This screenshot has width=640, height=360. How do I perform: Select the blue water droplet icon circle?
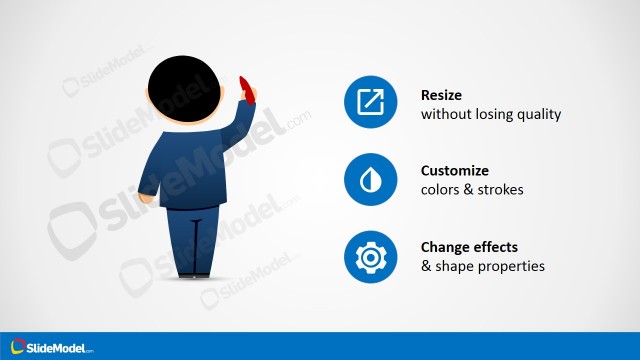pyautogui.click(x=371, y=180)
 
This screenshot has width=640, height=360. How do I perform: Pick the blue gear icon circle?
pyautogui.click(x=371, y=256)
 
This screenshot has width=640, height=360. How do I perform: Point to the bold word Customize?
pyautogui.click(x=456, y=171)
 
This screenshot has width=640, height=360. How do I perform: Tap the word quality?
pyautogui.click(x=538, y=115)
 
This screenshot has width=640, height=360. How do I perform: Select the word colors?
pyautogui.click(x=441, y=190)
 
